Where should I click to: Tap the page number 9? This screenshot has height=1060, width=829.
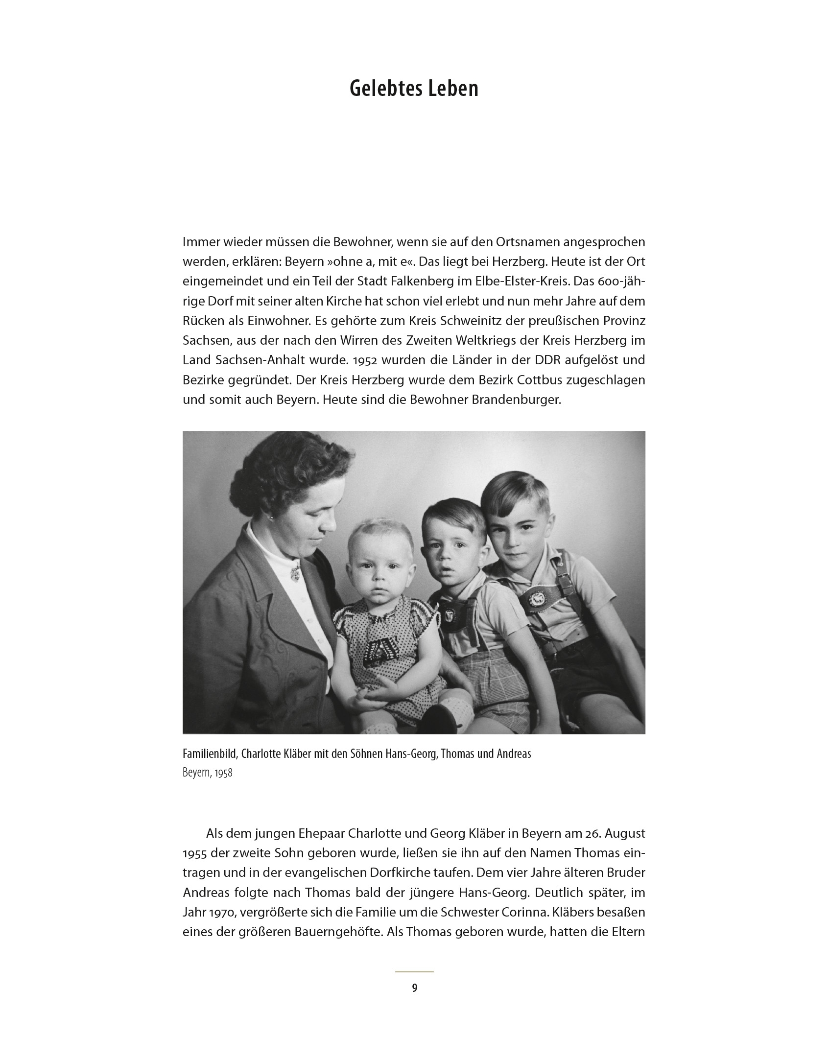tap(414, 988)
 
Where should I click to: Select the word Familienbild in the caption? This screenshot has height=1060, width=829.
tap(210, 754)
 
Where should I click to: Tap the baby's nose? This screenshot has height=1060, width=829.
tap(377, 583)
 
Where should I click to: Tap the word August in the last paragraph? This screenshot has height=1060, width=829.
tap(621, 833)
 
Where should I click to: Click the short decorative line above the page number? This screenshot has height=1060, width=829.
tap(414, 971)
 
